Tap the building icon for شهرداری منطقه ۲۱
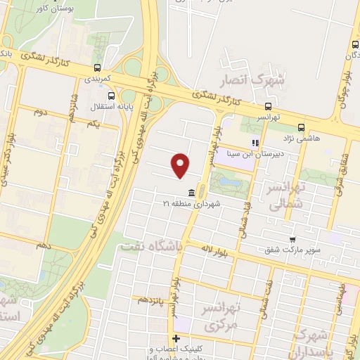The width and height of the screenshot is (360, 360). pyautogui.click(x=191, y=193)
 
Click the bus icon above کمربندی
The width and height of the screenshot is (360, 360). pyautogui.click(x=96, y=69)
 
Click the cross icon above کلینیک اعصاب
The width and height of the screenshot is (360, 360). pyautogui.click(x=176, y=339)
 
